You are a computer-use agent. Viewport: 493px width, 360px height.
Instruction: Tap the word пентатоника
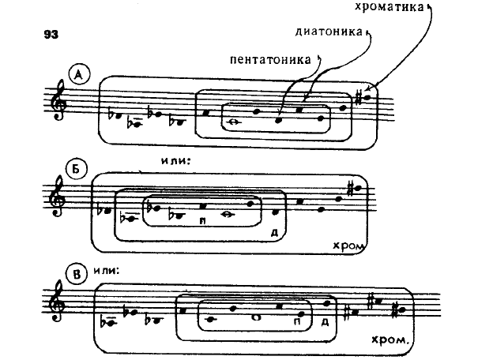tap(270, 58)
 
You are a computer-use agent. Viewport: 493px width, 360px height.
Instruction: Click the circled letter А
tap(79, 75)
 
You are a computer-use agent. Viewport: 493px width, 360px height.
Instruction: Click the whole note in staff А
tap(234, 122)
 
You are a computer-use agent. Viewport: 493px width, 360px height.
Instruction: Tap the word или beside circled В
tap(107, 270)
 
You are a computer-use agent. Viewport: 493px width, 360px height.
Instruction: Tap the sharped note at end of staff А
tap(363, 96)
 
